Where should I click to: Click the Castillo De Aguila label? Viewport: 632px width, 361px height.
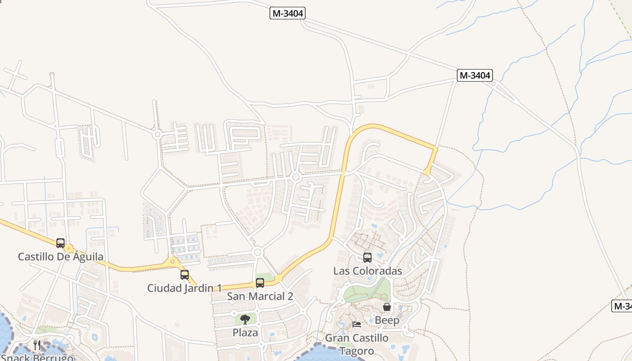(60, 257)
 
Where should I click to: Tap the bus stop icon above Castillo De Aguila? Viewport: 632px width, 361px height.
(60, 243)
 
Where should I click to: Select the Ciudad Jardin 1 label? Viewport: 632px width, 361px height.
(185, 288)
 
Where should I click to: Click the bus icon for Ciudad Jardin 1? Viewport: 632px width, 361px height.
(185, 274)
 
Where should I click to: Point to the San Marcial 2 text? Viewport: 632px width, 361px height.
(260, 296)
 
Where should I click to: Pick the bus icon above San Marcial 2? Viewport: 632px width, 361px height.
(260, 283)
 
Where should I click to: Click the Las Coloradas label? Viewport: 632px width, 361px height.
(367, 271)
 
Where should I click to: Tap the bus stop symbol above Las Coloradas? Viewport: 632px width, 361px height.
(367, 258)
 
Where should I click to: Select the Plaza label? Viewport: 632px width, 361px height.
(245, 333)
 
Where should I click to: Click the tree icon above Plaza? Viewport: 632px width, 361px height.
(245, 319)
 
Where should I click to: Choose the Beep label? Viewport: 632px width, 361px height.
(387, 320)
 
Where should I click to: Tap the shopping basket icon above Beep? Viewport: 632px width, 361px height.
(387, 307)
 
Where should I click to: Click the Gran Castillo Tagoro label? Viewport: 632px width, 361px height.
(357, 344)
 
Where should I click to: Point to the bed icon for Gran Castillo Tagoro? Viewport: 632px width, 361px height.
(357, 324)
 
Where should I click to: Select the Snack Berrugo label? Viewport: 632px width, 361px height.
(37, 358)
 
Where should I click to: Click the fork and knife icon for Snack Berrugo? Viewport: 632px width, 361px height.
(37, 345)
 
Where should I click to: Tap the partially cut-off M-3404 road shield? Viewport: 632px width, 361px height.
(622, 306)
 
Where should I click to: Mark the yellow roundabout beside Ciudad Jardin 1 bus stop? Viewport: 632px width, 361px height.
(172, 261)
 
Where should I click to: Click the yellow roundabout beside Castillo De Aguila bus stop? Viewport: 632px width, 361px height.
(69, 249)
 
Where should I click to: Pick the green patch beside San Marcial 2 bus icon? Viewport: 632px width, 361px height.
(265, 276)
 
